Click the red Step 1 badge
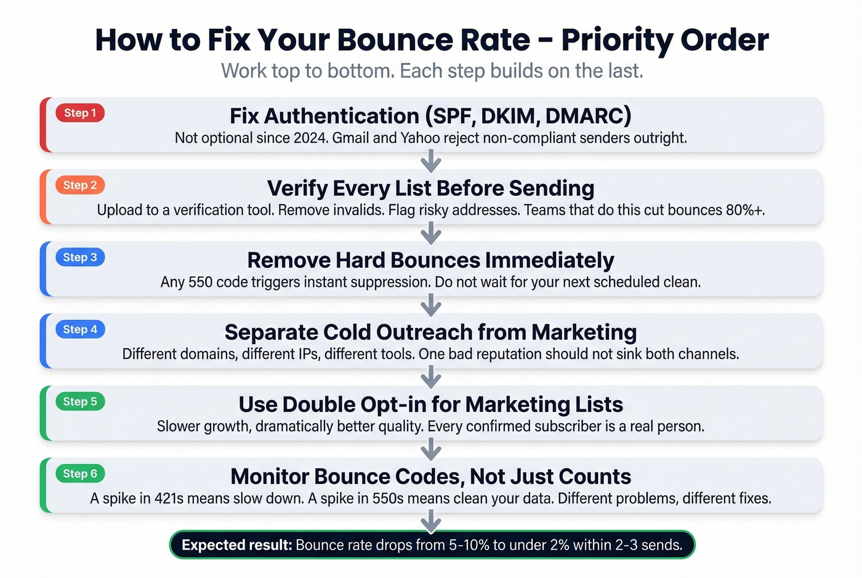[80, 113]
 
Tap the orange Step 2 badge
[80, 185]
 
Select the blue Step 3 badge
[80, 257]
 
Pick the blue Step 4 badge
[80, 329]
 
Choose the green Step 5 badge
[80, 401]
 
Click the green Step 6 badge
[80, 473]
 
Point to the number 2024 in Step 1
[310, 138]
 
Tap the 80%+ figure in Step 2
[745, 210]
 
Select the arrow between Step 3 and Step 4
[431, 305]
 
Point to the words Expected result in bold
[236, 545]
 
